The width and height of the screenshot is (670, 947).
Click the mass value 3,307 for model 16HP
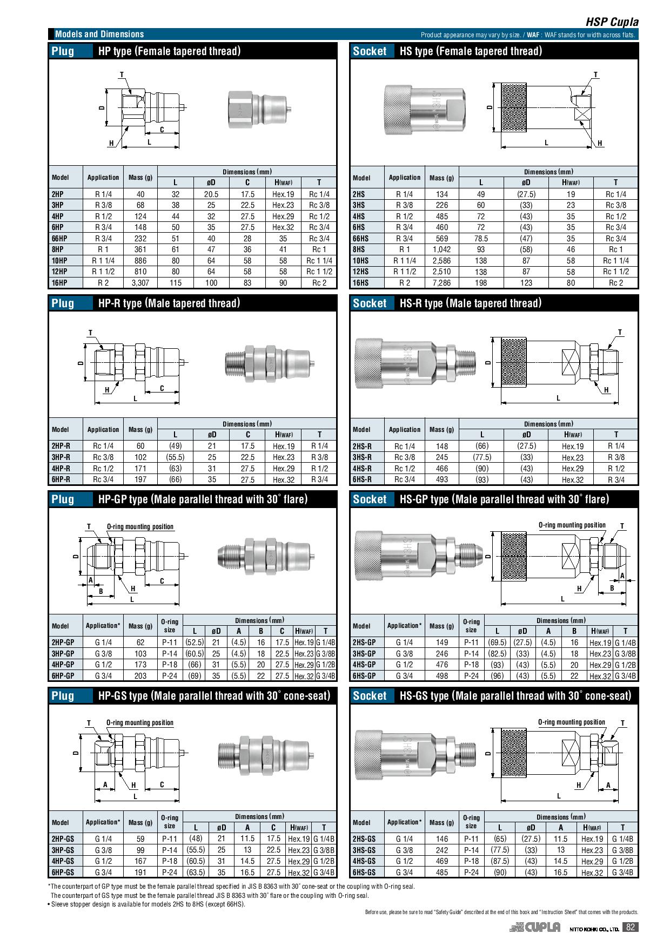[140, 283]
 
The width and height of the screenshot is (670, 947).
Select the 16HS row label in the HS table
[360, 283]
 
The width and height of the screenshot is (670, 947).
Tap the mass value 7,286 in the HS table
[441, 283]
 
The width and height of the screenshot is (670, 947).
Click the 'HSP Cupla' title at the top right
[612, 22]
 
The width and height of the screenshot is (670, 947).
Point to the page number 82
[630, 927]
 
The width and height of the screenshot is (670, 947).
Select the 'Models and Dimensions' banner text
[99, 34]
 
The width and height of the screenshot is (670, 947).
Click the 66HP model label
[59, 239]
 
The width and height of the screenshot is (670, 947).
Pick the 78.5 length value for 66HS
[481, 239]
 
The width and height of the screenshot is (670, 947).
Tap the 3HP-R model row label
[61, 457]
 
